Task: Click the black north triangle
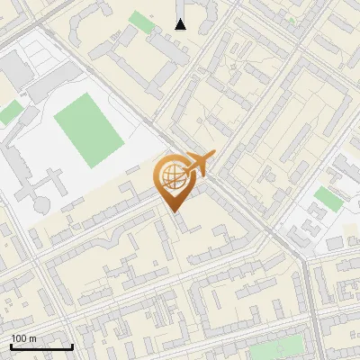pyautogui.click(x=181, y=23)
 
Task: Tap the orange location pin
pyautogui.click(x=174, y=181)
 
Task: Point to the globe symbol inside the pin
pyautogui.click(x=172, y=175)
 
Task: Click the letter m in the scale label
pyautogui.click(x=32, y=338)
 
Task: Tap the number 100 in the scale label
pyautogui.click(x=19, y=338)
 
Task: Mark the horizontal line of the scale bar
pyautogui.click(x=41, y=346)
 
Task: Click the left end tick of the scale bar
pyautogui.click(x=11, y=345)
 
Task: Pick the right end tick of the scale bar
pyautogui.click(x=72, y=345)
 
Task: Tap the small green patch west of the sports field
pyautogui.click(x=9, y=113)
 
